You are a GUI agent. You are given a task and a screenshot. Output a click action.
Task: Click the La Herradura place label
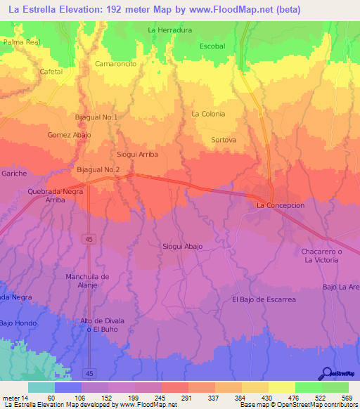(170, 30)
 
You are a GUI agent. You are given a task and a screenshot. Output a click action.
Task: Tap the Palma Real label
(22, 42)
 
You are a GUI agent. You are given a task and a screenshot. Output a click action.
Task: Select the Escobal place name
(212, 46)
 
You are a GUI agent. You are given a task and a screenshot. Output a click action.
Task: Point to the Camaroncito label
(116, 63)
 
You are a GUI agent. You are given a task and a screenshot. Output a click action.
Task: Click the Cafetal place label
(51, 72)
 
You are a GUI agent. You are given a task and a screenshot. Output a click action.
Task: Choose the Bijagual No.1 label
(97, 117)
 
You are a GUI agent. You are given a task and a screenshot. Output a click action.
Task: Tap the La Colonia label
(208, 114)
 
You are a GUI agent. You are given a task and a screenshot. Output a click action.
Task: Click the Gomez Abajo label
(70, 134)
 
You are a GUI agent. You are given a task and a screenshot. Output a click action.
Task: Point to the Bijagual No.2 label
(98, 170)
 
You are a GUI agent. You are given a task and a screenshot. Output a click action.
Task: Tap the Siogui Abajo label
(183, 246)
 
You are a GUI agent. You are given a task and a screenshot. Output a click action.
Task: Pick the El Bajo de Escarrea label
(264, 299)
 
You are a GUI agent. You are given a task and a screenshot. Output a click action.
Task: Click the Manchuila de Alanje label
(87, 280)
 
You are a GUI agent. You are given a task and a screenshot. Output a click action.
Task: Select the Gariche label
(14, 173)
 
